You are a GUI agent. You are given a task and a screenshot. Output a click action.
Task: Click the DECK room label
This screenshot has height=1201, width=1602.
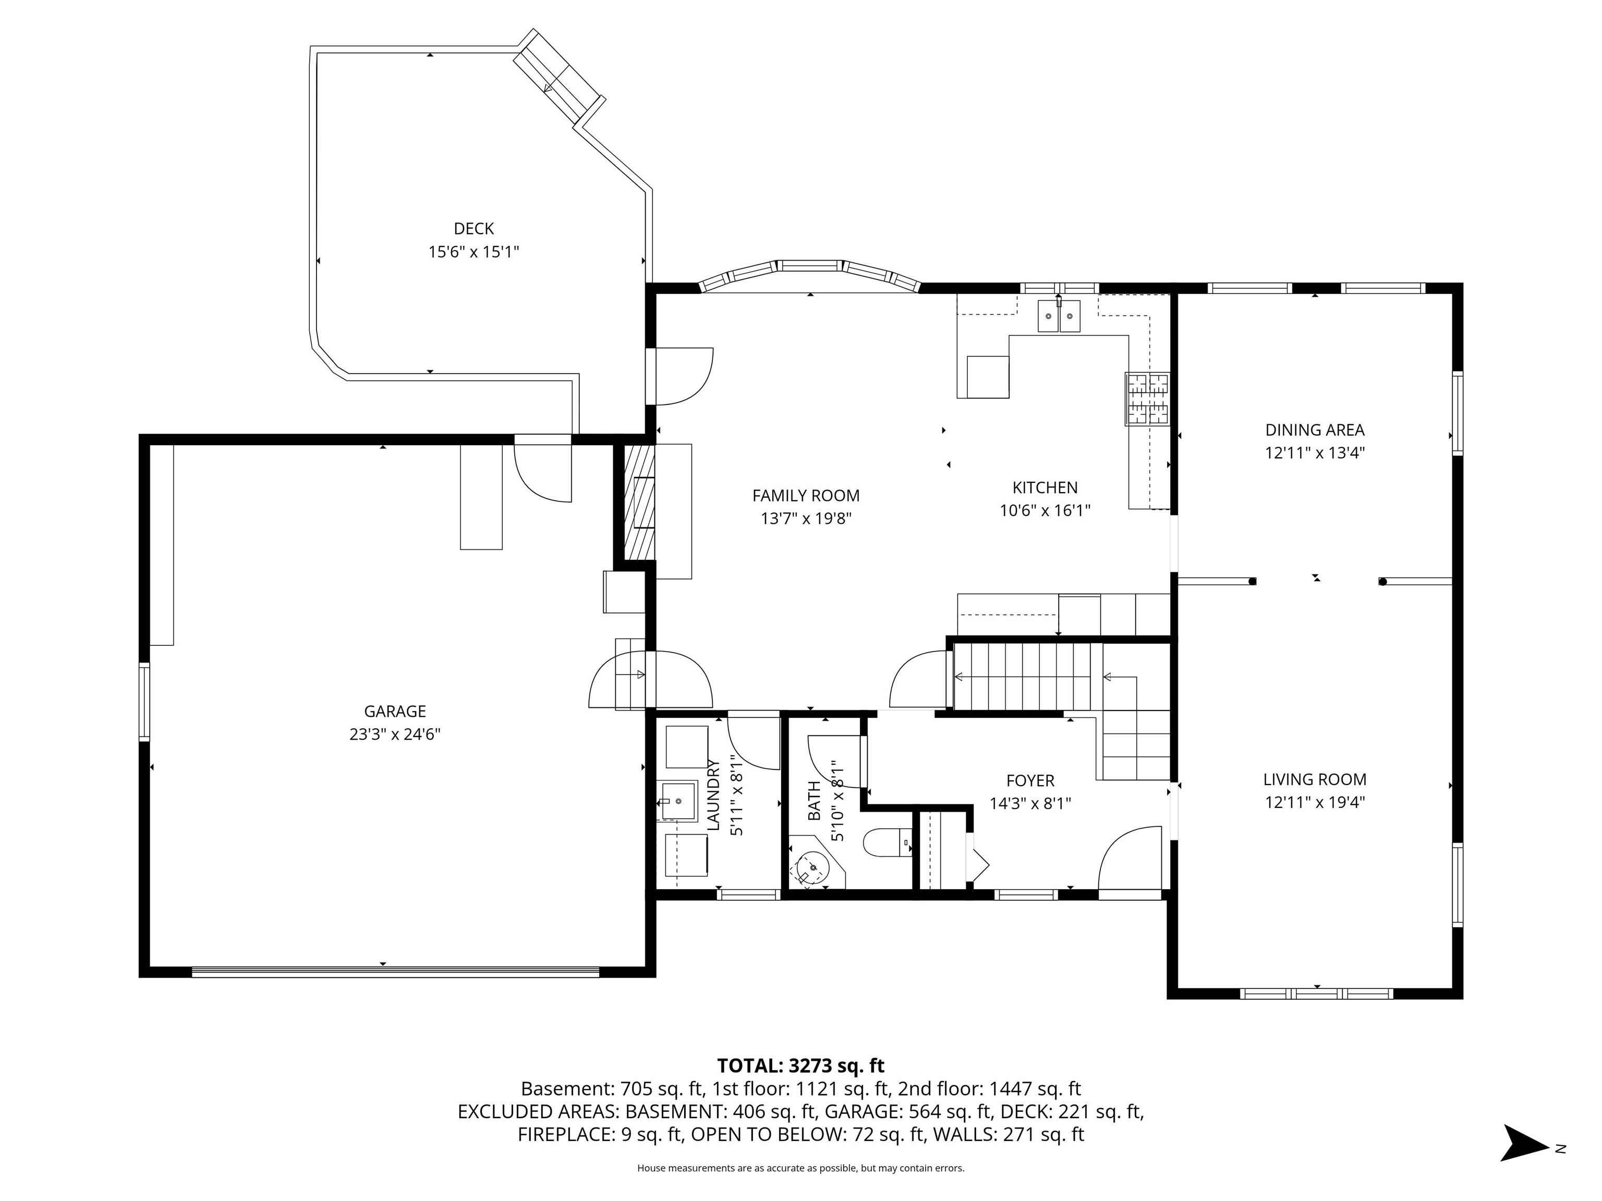click(x=474, y=229)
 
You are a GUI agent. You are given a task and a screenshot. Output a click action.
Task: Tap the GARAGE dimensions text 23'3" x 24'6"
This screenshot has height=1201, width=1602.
click(x=395, y=734)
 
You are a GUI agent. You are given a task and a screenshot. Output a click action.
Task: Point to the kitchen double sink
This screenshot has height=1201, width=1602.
click(x=1059, y=316)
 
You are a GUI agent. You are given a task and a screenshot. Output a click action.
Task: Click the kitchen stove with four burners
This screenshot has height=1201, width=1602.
click(x=1147, y=398)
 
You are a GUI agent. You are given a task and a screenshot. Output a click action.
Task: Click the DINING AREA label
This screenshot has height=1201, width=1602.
click(x=1315, y=430)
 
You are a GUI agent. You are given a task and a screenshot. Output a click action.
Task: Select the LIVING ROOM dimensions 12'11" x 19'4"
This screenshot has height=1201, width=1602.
click(x=1315, y=802)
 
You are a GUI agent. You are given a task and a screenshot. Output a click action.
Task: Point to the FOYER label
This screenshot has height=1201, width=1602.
click(x=1030, y=781)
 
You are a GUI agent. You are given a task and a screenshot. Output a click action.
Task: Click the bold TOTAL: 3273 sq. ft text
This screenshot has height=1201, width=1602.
click(x=800, y=1065)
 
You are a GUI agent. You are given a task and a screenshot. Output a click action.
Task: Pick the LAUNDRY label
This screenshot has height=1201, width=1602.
click(x=713, y=795)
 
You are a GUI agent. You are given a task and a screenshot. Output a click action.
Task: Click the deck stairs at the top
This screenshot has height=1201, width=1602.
click(x=559, y=78)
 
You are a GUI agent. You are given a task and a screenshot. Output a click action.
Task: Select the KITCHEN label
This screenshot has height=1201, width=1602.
click(x=1045, y=487)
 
